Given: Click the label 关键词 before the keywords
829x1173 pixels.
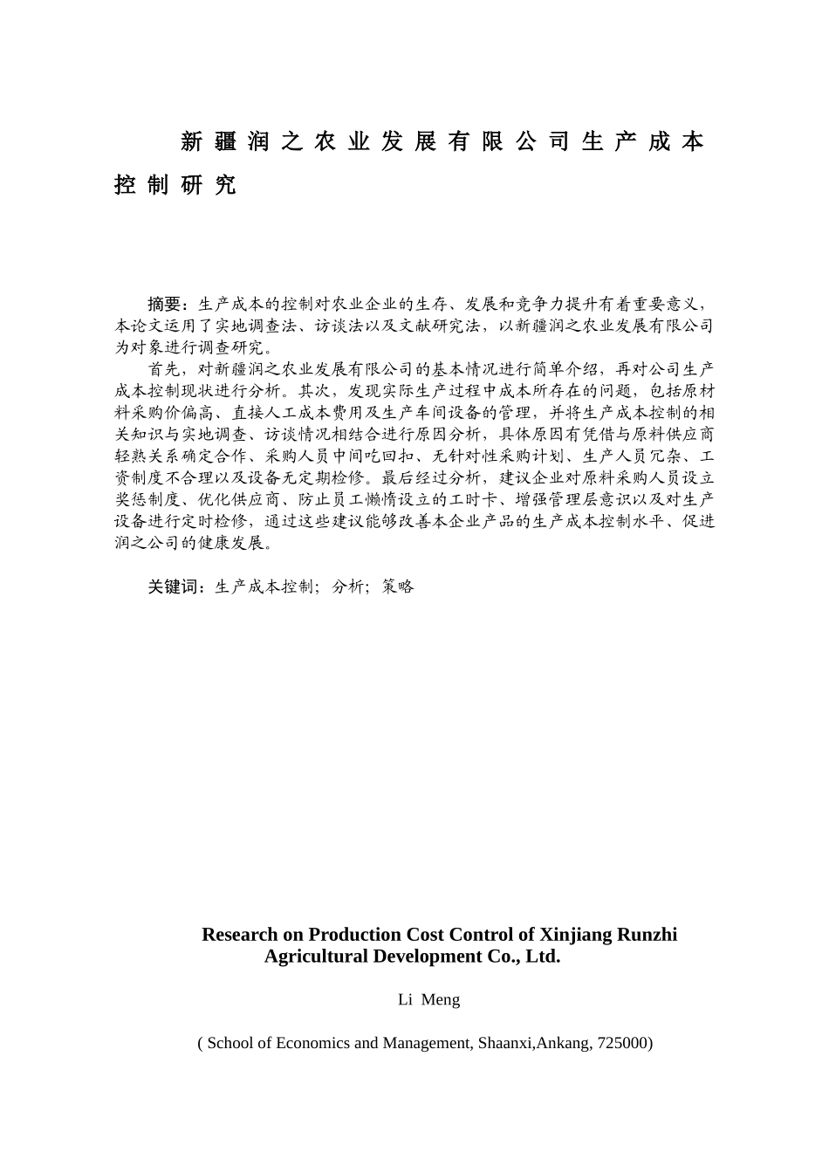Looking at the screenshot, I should click(174, 586).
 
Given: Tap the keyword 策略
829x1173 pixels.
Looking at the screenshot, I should click(398, 586).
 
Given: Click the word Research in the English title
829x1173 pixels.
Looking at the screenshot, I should click(239, 935).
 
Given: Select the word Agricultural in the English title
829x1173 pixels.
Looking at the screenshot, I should click(317, 957).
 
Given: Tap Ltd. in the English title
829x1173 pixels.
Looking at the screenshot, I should click(543, 957).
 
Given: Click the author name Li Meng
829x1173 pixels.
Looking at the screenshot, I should click(428, 1000).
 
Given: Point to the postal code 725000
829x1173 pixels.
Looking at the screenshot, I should click(624, 1043).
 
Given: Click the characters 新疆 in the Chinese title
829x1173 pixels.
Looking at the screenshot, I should click(209, 141).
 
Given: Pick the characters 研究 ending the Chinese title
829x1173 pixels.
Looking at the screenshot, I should click(209, 185).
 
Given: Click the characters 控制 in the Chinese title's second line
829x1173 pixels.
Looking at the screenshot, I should click(140, 185).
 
